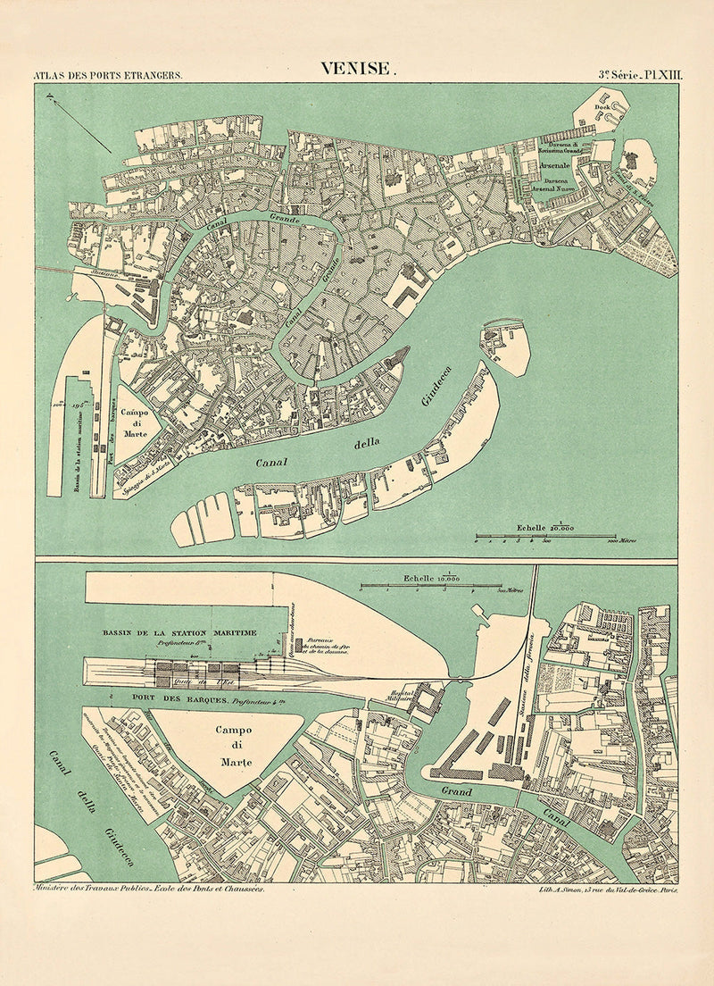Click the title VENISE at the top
point(357,70)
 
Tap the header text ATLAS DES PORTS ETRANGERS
point(107,76)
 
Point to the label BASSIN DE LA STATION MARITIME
point(178,633)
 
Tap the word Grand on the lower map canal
point(456,791)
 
